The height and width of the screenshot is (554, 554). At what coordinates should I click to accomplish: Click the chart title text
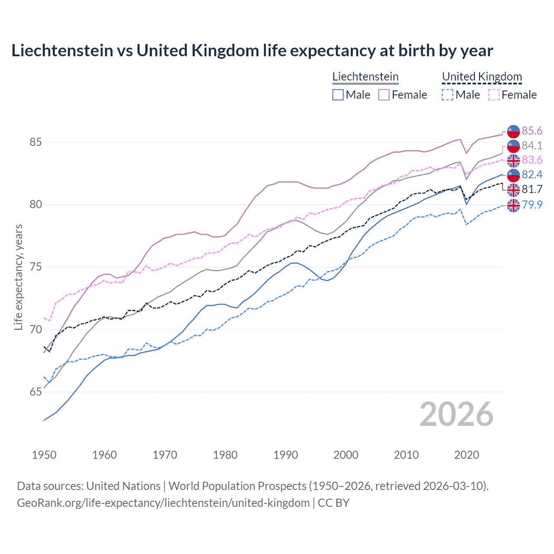[x=252, y=51]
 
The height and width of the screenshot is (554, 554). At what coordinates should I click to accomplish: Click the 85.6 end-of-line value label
[x=532, y=131]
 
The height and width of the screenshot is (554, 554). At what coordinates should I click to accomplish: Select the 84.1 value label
[x=532, y=145]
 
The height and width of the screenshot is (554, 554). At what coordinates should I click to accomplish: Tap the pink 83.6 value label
[x=532, y=160]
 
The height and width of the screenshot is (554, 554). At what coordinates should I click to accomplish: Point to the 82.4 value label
[x=532, y=174]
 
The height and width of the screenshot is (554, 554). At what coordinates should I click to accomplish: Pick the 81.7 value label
[x=532, y=189]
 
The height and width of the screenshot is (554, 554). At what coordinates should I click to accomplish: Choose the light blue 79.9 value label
[x=532, y=204]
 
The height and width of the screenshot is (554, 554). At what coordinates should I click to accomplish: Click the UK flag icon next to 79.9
[x=513, y=205]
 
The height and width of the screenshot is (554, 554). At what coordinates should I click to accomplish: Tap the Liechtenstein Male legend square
[x=338, y=95]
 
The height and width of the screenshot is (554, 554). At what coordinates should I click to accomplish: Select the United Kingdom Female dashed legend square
[x=494, y=95]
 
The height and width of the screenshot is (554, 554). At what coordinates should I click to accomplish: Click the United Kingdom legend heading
[x=482, y=77]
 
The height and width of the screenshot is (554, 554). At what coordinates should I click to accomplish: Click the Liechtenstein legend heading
[x=365, y=77]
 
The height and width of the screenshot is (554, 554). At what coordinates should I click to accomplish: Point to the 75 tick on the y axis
[x=35, y=267]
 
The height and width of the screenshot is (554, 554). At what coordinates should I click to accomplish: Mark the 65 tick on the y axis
[x=35, y=392]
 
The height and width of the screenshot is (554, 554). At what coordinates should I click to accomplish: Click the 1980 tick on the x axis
[x=225, y=455]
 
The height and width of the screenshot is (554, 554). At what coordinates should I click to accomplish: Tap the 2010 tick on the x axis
[x=406, y=455]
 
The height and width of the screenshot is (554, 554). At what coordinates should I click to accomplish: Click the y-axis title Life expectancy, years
[x=18, y=277]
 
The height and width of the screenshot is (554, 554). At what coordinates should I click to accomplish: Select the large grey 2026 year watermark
[x=456, y=414]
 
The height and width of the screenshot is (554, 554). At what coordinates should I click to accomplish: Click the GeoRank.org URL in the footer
[x=163, y=503]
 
